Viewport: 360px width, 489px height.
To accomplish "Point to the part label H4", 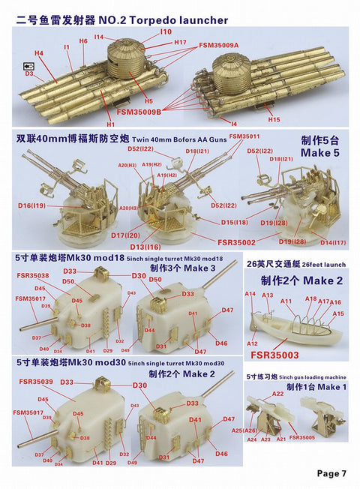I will pos(39,53).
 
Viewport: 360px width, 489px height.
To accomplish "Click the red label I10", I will pos(166,31).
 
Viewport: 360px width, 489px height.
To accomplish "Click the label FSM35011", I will pos(244,136).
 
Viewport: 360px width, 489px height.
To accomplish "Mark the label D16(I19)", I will pos(32,205).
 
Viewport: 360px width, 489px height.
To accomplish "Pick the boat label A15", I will pos(337,313).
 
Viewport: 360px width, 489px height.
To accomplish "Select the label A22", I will pos(277,394).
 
